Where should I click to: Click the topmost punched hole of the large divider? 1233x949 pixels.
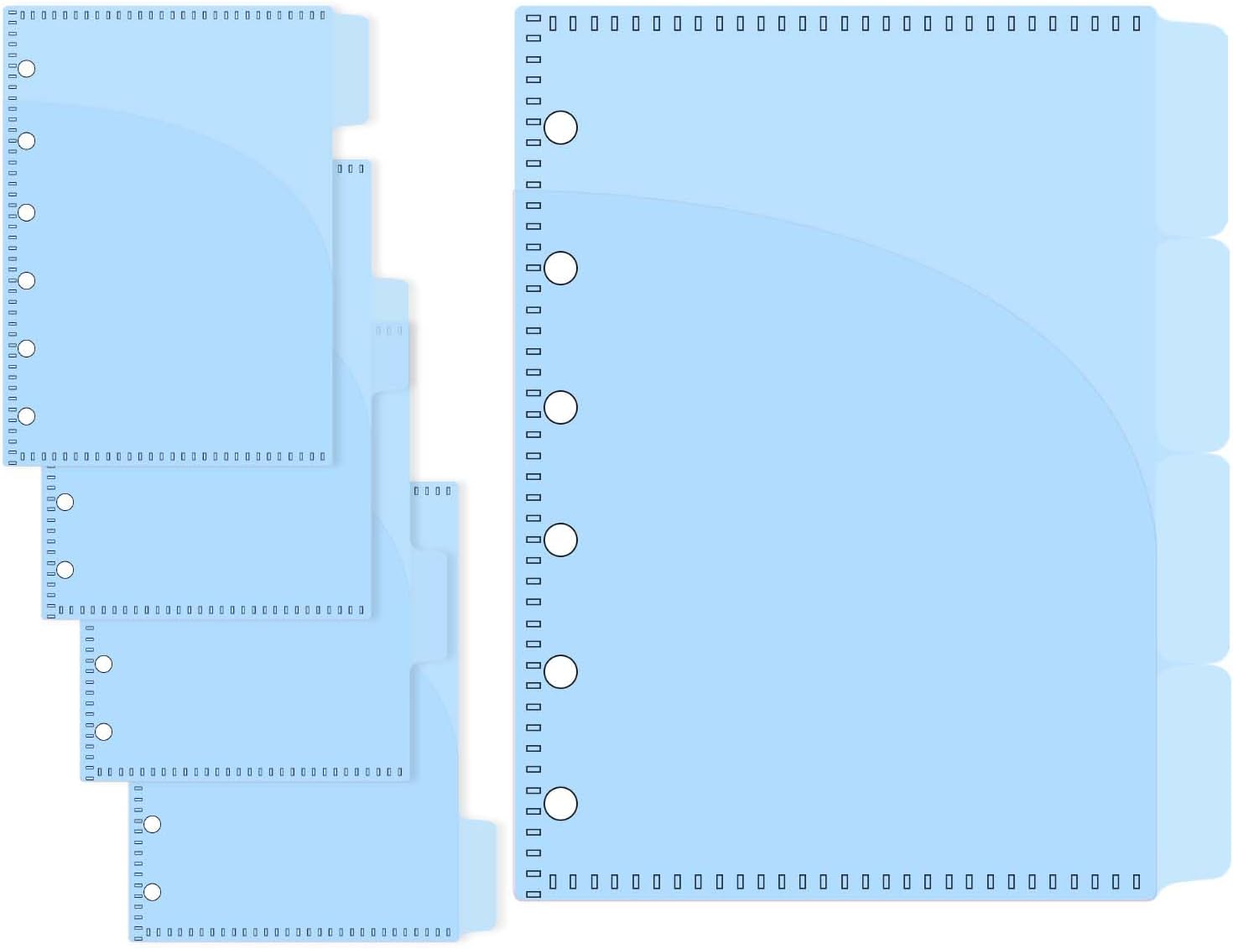560,128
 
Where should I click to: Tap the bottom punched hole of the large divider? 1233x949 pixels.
560,804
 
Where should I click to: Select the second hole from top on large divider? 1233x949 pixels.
560,269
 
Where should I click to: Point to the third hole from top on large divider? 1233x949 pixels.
560,408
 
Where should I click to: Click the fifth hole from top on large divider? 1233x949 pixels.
560,672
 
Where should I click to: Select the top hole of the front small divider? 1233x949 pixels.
27,69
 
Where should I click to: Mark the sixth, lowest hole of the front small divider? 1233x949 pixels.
27,416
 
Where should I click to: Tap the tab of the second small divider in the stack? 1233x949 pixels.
391,336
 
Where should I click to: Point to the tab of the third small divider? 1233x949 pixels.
429,604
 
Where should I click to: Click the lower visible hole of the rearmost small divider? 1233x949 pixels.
152,892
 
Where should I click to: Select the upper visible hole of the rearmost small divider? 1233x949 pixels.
152,824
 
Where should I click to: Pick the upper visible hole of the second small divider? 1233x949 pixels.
65,502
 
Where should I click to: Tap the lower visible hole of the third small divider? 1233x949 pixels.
104,732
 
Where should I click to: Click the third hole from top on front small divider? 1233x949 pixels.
27,212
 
